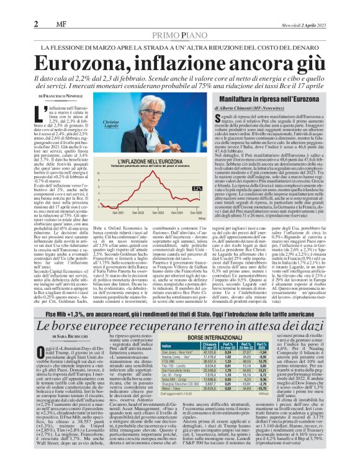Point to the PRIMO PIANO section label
pyautogui.click(x=179, y=19)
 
